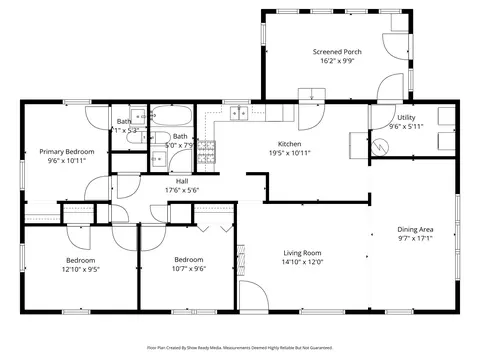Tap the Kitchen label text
pos(289,144)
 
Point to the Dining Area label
pos(415,229)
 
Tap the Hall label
pos(181,181)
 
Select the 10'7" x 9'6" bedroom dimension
pos(189,268)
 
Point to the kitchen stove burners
pos(206,151)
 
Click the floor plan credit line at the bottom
pos(239,349)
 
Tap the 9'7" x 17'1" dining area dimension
pos(415,238)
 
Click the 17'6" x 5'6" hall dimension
pos(181,190)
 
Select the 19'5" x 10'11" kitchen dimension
pos(289,153)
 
